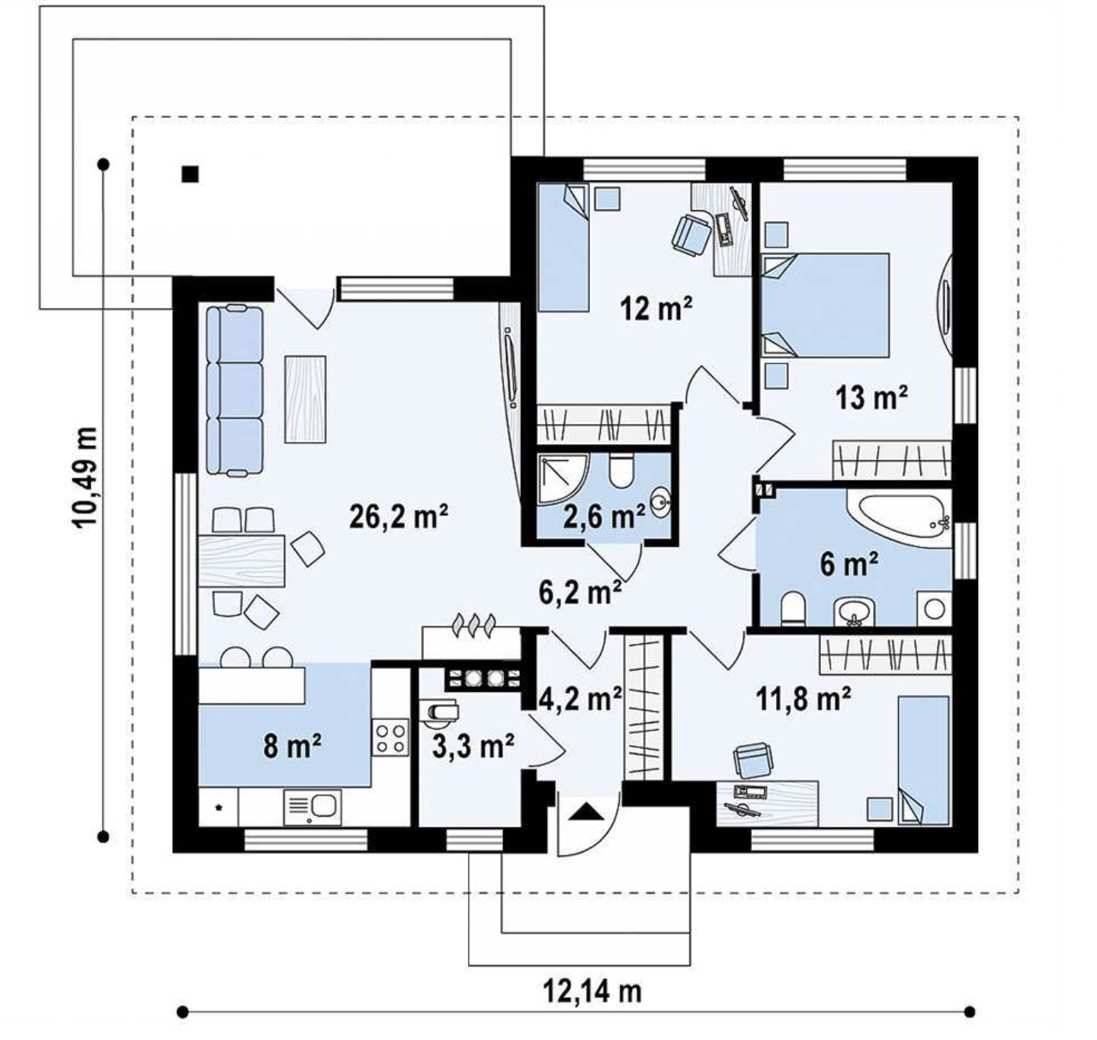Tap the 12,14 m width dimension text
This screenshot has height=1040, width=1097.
(x=592, y=991)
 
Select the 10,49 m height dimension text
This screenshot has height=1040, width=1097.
(x=85, y=478)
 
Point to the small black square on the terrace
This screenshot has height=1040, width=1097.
(x=191, y=174)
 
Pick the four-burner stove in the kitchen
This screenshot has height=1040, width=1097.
(x=390, y=738)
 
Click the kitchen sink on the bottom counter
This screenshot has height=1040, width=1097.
(x=312, y=806)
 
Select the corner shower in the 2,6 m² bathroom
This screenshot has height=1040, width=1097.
(x=562, y=479)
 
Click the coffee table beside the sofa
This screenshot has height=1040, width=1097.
(x=305, y=399)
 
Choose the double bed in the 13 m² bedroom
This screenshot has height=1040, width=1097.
(x=826, y=305)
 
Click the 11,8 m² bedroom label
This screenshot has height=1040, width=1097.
(x=803, y=700)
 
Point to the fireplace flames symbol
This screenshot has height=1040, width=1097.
(x=473, y=625)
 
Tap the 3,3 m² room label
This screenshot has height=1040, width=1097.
(x=473, y=747)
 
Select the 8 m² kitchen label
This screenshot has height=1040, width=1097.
(x=292, y=747)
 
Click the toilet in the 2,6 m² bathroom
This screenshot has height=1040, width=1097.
(x=621, y=471)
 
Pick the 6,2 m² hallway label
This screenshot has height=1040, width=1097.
(x=580, y=593)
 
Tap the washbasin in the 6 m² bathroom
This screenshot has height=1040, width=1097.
(x=855, y=613)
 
